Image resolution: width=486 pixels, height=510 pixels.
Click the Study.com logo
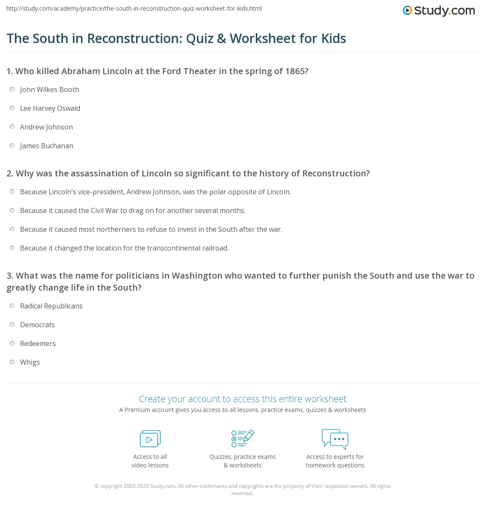[x=439, y=11]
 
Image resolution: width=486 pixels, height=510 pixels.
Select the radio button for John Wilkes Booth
[x=12, y=89]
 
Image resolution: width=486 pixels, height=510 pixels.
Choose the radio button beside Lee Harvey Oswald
[x=12, y=108]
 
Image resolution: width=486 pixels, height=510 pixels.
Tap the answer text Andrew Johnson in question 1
[x=46, y=127]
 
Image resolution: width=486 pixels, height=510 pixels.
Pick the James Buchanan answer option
[x=46, y=146]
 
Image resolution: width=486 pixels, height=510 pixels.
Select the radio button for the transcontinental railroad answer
[x=12, y=248]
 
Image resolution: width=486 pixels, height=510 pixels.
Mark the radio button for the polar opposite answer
[x=12, y=192]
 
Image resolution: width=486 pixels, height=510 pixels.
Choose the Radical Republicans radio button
[x=12, y=306]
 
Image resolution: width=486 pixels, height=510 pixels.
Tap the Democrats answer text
[x=38, y=325]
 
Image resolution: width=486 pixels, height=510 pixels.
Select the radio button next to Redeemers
[x=12, y=343]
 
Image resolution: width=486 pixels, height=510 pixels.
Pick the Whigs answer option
[x=30, y=362]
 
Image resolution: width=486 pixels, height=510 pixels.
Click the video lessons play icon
[x=150, y=438]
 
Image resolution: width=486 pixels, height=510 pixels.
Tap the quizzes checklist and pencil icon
[x=243, y=438]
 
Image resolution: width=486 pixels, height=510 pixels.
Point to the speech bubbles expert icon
[x=335, y=439]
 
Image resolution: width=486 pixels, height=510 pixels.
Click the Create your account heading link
[x=243, y=399]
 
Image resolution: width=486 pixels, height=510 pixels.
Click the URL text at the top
[x=134, y=9]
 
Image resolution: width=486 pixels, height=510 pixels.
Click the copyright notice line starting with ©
[x=243, y=486]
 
